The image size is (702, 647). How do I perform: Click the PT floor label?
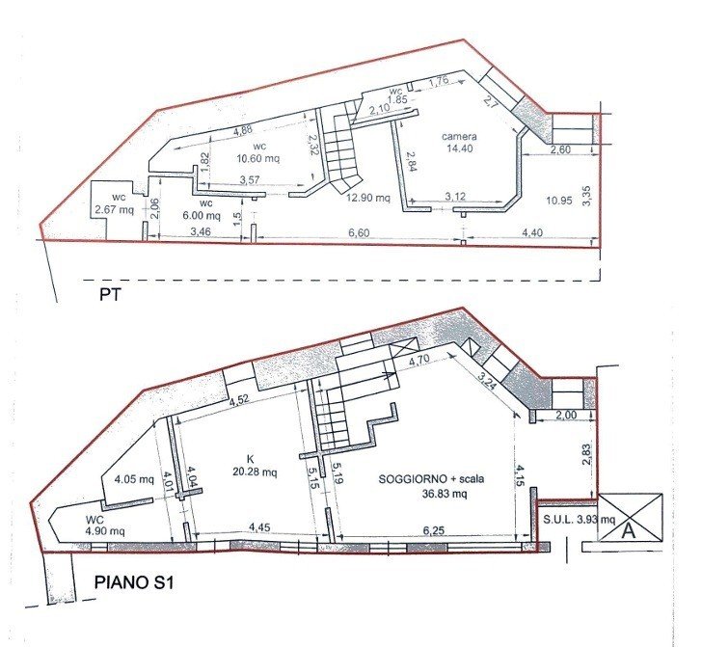tap(110, 295)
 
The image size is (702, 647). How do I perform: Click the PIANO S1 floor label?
tap(133, 582)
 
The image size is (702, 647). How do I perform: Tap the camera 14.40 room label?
tap(459, 143)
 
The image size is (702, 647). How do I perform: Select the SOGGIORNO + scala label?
tap(431, 479)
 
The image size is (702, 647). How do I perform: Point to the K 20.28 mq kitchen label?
tap(255, 466)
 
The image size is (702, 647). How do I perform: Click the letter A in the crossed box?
tap(629, 531)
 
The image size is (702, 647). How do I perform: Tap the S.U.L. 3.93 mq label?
tap(579, 520)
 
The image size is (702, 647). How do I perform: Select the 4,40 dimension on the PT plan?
tap(532, 232)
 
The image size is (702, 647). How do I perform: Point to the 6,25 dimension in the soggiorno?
tap(433, 530)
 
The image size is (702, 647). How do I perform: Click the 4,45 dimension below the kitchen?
tap(259, 527)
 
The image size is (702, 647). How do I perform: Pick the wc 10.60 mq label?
tap(258, 152)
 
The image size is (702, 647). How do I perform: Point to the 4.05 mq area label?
tap(134, 479)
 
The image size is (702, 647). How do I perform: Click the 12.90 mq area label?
tap(368, 198)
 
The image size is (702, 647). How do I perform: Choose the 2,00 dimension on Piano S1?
tap(566, 415)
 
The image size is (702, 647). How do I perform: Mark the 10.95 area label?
tap(559, 201)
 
